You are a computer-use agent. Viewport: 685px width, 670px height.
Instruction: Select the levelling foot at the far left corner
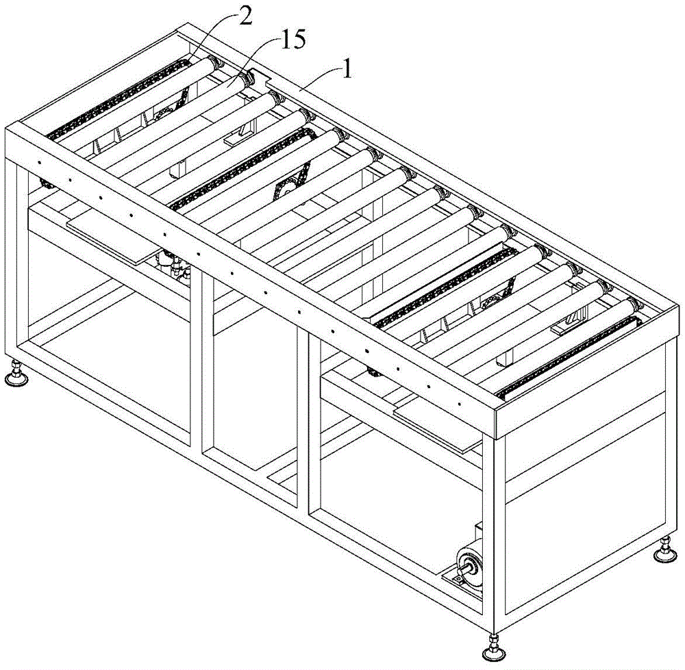pyautogui.click(x=14, y=375)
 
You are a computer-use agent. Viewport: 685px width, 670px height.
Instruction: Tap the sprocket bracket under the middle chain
pyautogui.click(x=288, y=181)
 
